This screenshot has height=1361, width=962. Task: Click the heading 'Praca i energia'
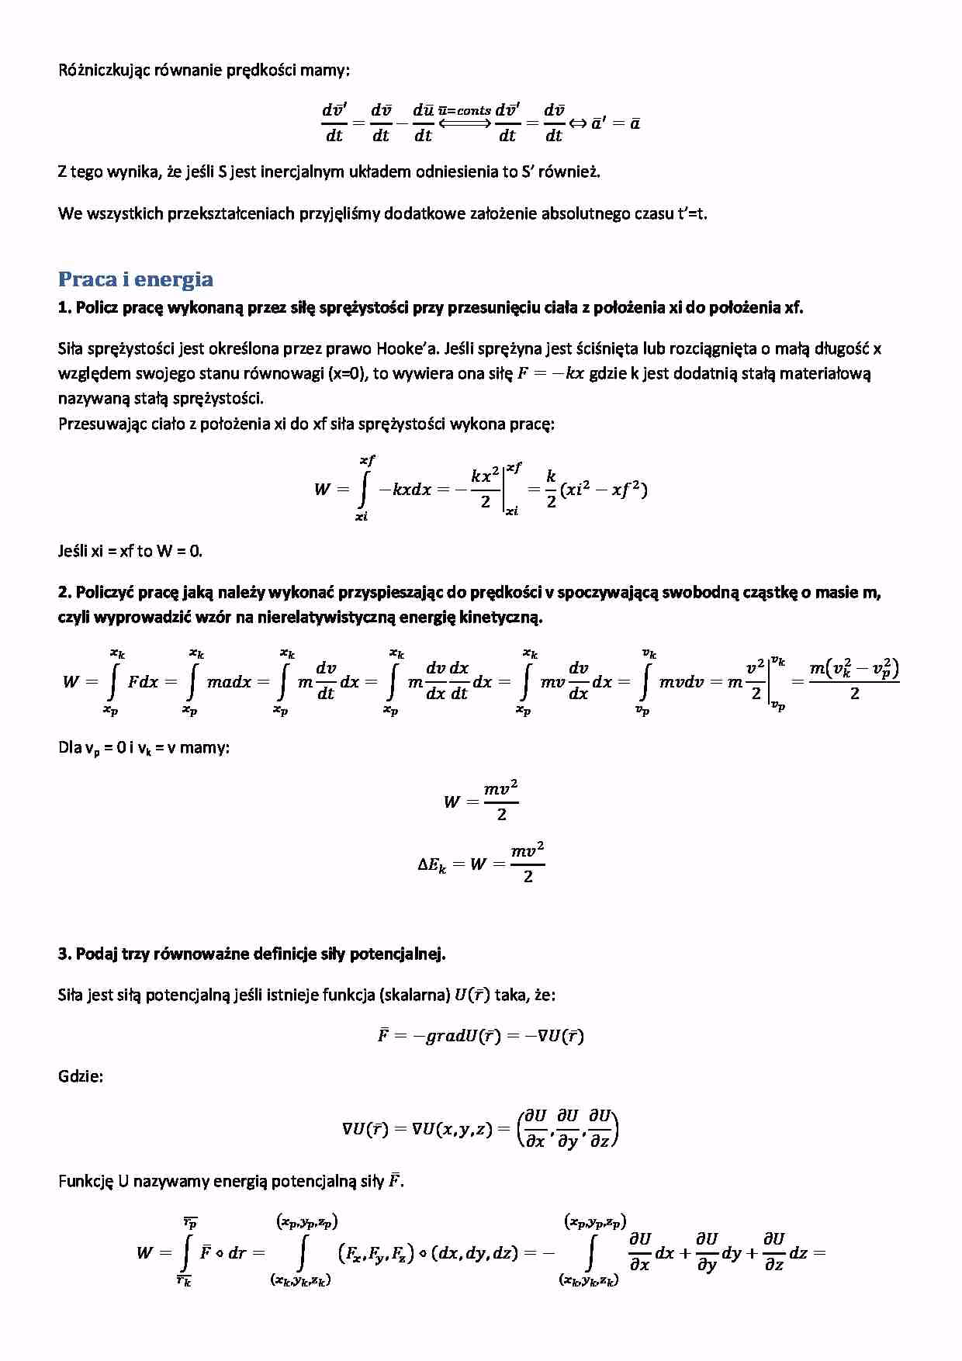pyautogui.click(x=136, y=279)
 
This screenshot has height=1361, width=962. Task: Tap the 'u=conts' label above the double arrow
pyautogui.click(x=464, y=111)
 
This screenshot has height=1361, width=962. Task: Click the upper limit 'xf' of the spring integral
pyautogui.click(x=367, y=461)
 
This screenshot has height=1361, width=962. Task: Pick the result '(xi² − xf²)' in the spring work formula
pyautogui.click(x=604, y=490)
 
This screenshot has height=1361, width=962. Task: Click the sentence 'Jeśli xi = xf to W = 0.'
pyautogui.click(x=130, y=552)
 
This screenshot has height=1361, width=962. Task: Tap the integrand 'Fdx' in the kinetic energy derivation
pyautogui.click(x=143, y=682)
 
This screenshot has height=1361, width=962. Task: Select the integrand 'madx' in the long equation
pyautogui.click(x=229, y=682)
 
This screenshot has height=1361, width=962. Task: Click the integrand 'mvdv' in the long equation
pyautogui.click(x=681, y=682)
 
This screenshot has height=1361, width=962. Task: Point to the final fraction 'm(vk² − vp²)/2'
pyautogui.click(x=853, y=680)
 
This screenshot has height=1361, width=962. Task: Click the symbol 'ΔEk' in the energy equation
pyautogui.click(x=432, y=864)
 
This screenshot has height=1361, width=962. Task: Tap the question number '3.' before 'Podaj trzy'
pyautogui.click(x=65, y=954)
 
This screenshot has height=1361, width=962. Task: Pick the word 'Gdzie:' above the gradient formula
pyautogui.click(x=81, y=1077)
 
